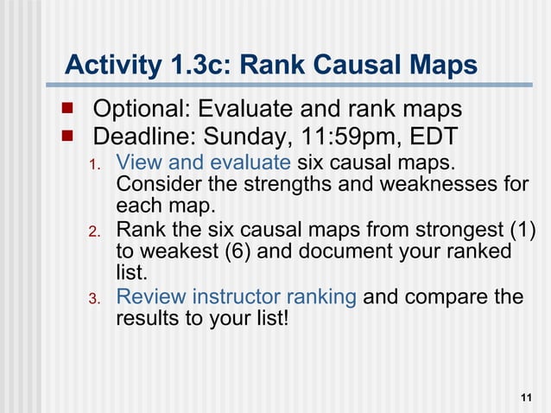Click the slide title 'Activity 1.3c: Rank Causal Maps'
pyautogui.click(x=271, y=65)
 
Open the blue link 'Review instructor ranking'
pyautogui.click(x=236, y=297)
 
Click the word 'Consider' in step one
pyautogui.click(x=155, y=185)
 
